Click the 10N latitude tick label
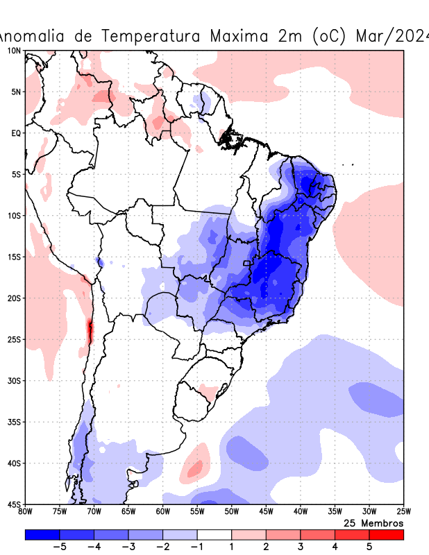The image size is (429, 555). (x=14, y=51)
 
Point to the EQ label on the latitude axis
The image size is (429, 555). (x=15, y=133)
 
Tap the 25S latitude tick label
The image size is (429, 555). (x=14, y=339)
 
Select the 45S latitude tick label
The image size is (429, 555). (x=14, y=504)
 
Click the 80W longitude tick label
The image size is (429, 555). (x=26, y=512)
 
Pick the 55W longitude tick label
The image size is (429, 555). (x=197, y=512)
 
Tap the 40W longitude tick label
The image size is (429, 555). (x=301, y=512)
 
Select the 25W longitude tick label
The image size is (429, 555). (x=403, y=512)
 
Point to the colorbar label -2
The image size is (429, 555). (x=162, y=547)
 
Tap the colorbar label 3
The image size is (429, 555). (x=301, y=547)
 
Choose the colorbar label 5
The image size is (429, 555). (x=369, y=547)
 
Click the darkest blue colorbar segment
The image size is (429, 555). (x=42, y=535)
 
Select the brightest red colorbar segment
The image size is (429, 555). (x=386, y=535)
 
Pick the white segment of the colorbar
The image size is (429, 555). (x=214, y=535)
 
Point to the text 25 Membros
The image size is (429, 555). (x=373, y=523)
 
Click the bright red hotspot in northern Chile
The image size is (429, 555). (x=90, y=331)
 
